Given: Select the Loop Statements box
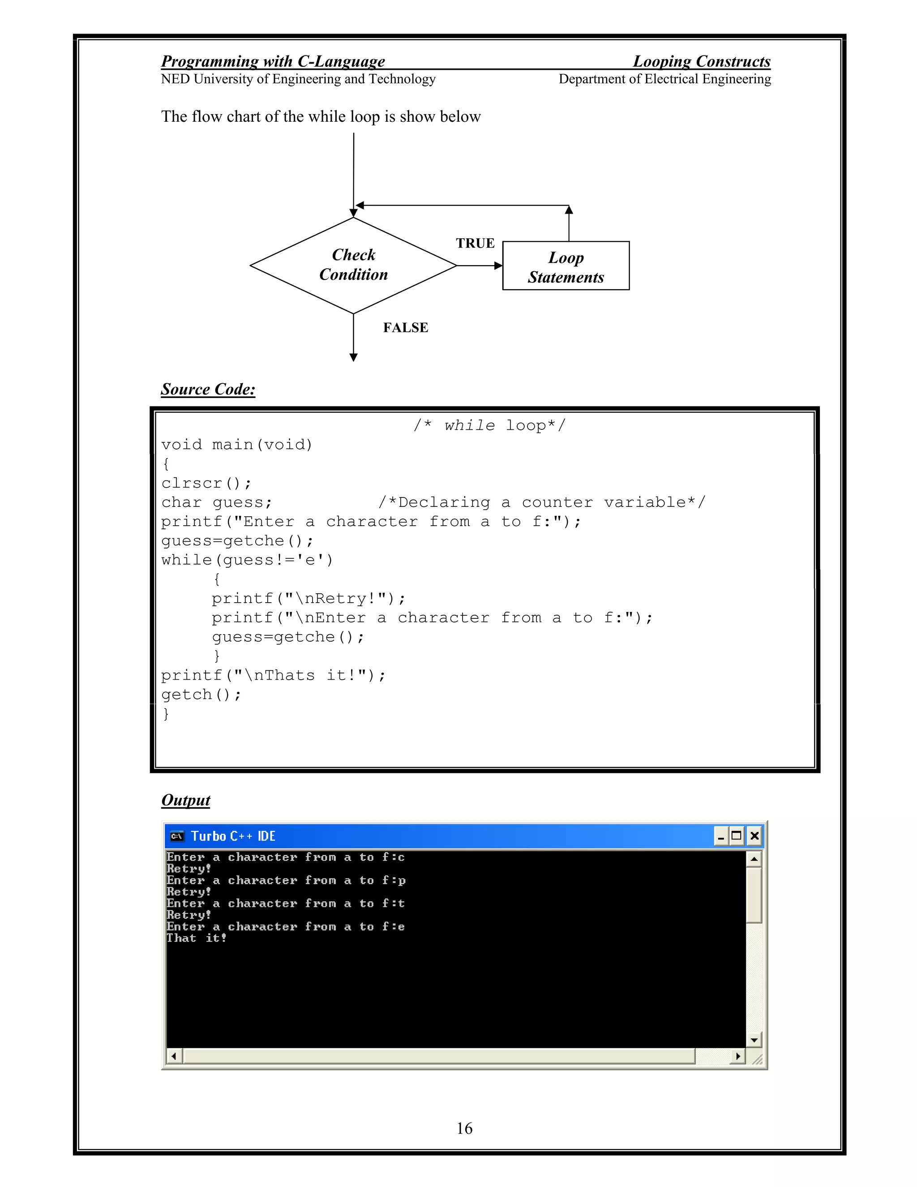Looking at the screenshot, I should click(566, 266).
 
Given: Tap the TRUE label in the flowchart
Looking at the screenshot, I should click(475, 243).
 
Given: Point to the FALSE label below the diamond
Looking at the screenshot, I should click(406, 327).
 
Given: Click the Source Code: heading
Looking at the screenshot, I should click(208, 389).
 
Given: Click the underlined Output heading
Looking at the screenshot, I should click(186, 800).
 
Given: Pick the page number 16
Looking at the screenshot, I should click(464, 1128).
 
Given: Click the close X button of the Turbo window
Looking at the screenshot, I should click(754, 836).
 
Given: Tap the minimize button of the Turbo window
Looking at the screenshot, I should click(721, 836).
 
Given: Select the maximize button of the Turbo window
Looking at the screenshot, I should click(737, 836).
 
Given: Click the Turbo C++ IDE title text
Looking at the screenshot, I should click(233, 836).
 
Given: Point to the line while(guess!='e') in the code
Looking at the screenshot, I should click(247, 560).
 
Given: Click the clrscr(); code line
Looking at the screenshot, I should click(206, 483).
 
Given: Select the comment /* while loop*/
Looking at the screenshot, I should click(489, 425).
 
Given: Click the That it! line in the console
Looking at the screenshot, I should click(196, 938).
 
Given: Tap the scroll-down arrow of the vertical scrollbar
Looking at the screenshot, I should click(754, 1040).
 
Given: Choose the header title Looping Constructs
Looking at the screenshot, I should click(701, 61).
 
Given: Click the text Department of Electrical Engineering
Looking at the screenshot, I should click(664, 79).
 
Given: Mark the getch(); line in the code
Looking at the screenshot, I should click(201, 694).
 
